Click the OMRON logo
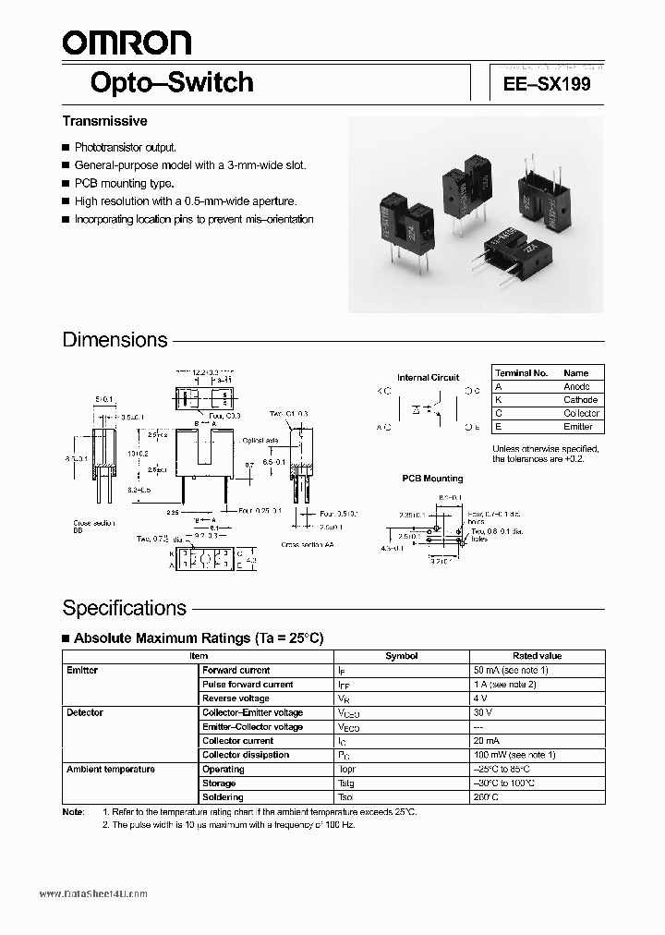[x=127, y=42]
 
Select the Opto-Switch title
[x=171, y=82]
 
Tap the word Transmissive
[x=104, y=121]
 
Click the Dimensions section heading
[x=115, y=339]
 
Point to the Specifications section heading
[x=124, y=608]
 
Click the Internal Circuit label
[x=428, y=377]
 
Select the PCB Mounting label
[x=432, y=479]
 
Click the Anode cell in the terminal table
[x=575, y=386]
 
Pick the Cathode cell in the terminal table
[x=580, y=400]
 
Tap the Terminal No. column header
[x=521, y=372]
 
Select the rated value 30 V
[x=483, y=712]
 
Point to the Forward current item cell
[x=236, y=670]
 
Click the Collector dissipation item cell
[x=245, y=755]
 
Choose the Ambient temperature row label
[x=110, y=769]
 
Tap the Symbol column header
[x=401, y=655]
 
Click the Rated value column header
[x=537, y=655]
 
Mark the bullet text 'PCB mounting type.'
[x=124, y=183]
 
